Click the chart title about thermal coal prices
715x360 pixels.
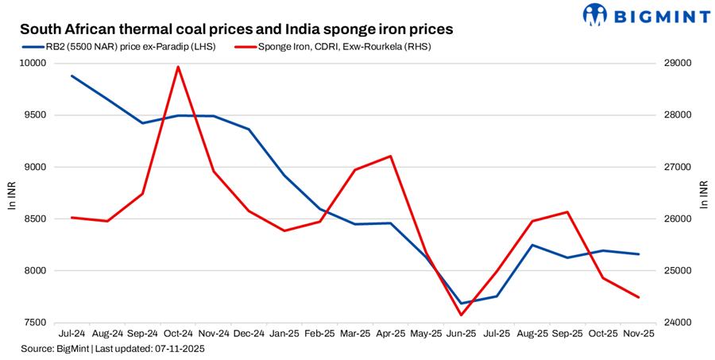pos(236,29)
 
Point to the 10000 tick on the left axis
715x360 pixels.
pos(34,64)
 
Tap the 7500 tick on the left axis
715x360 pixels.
pos(37,323)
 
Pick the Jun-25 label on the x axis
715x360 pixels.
pos(461,335)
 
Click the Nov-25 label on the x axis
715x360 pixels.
pos(638,335)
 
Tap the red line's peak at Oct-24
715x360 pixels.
pos(178,67)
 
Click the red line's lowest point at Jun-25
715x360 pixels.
pos(461,315)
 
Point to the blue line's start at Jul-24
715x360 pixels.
pos(71,76)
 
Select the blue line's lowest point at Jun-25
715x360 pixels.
pos(461,304)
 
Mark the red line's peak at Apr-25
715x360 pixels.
pos(390,157)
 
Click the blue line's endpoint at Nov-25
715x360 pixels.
pos(638,254)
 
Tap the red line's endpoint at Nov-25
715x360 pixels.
pos(638,297)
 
